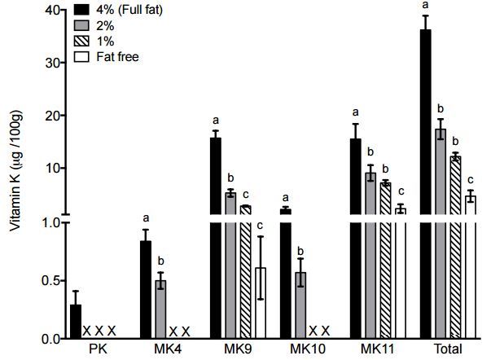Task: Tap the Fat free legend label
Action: point(117,56)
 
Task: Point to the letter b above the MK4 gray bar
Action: point(161,260)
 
